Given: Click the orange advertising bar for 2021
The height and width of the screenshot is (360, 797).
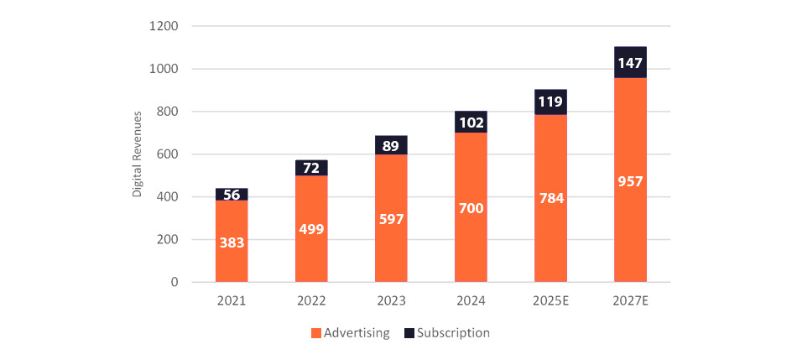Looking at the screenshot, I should point(232,252).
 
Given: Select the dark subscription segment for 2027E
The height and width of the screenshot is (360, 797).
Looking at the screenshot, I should point(630,63).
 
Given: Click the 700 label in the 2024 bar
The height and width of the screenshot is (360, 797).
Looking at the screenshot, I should point(471,208).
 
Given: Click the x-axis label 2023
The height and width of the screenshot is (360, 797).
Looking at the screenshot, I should point(391,300).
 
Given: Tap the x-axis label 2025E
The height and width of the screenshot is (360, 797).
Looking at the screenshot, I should point(550,300).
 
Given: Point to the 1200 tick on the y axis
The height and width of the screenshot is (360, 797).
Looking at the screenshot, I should point(165,26).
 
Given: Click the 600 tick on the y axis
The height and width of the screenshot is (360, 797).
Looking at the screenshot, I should point(169,154).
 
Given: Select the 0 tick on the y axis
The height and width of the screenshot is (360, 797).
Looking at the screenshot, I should point(174,283).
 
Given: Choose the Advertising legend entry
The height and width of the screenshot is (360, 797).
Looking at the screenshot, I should point(350,333).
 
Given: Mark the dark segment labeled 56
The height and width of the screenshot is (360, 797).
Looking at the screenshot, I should point(232,195).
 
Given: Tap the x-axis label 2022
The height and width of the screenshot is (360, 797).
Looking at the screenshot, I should point(311,300).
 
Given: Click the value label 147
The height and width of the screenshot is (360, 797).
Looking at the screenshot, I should point(630,63).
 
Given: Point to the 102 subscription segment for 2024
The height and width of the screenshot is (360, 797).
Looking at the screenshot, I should point(471,123).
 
